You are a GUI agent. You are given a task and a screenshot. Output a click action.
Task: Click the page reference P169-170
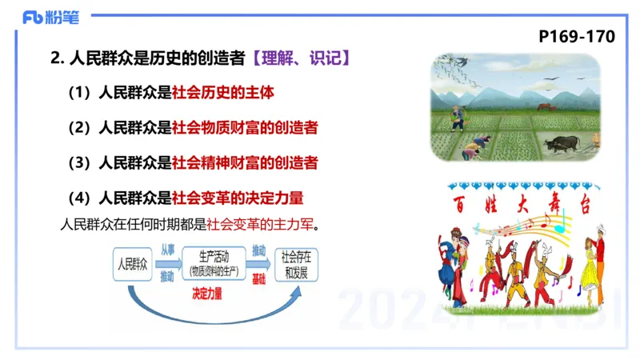(576, 37)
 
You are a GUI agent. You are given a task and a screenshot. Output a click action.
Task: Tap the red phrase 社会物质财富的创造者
(245, 127)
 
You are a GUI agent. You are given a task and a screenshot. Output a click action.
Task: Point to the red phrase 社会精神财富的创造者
(245, 162)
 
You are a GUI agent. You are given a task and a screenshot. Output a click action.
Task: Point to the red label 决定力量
(207, 293)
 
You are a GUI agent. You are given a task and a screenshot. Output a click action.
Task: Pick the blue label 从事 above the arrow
(167, 250)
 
